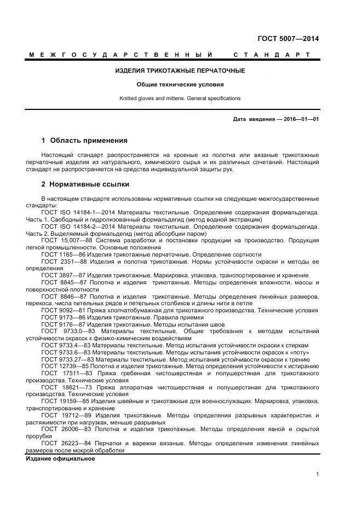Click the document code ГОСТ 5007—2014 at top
288,39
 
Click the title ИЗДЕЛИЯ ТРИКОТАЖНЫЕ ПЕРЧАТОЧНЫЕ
180,71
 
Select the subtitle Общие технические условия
180,85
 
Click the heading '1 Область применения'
84,141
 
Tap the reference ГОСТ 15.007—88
66,241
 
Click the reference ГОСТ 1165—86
64,255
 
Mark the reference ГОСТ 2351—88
64,261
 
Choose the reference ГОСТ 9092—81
64,310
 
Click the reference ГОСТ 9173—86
64,317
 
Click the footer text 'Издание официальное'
60,458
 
